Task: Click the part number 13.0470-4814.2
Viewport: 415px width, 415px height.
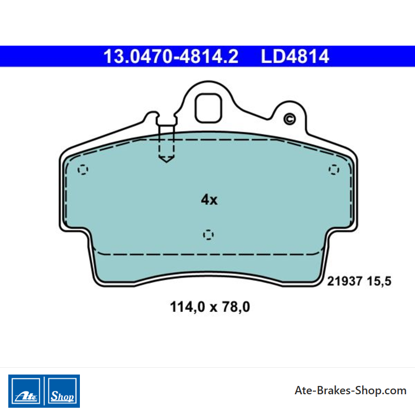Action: tap(171, 56)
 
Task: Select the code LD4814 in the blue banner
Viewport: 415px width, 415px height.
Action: tap(295, 56)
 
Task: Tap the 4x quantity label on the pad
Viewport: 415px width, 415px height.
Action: tap(209, 200)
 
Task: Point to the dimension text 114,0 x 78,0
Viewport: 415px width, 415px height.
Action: tap(210, 307)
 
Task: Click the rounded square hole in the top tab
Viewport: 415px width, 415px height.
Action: tap(209, 108)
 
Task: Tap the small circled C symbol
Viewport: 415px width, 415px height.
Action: tap(289, 119)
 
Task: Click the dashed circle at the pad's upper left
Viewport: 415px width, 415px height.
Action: tap(83, 170)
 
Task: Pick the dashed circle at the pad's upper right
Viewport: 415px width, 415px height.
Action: tap(334, 170)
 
